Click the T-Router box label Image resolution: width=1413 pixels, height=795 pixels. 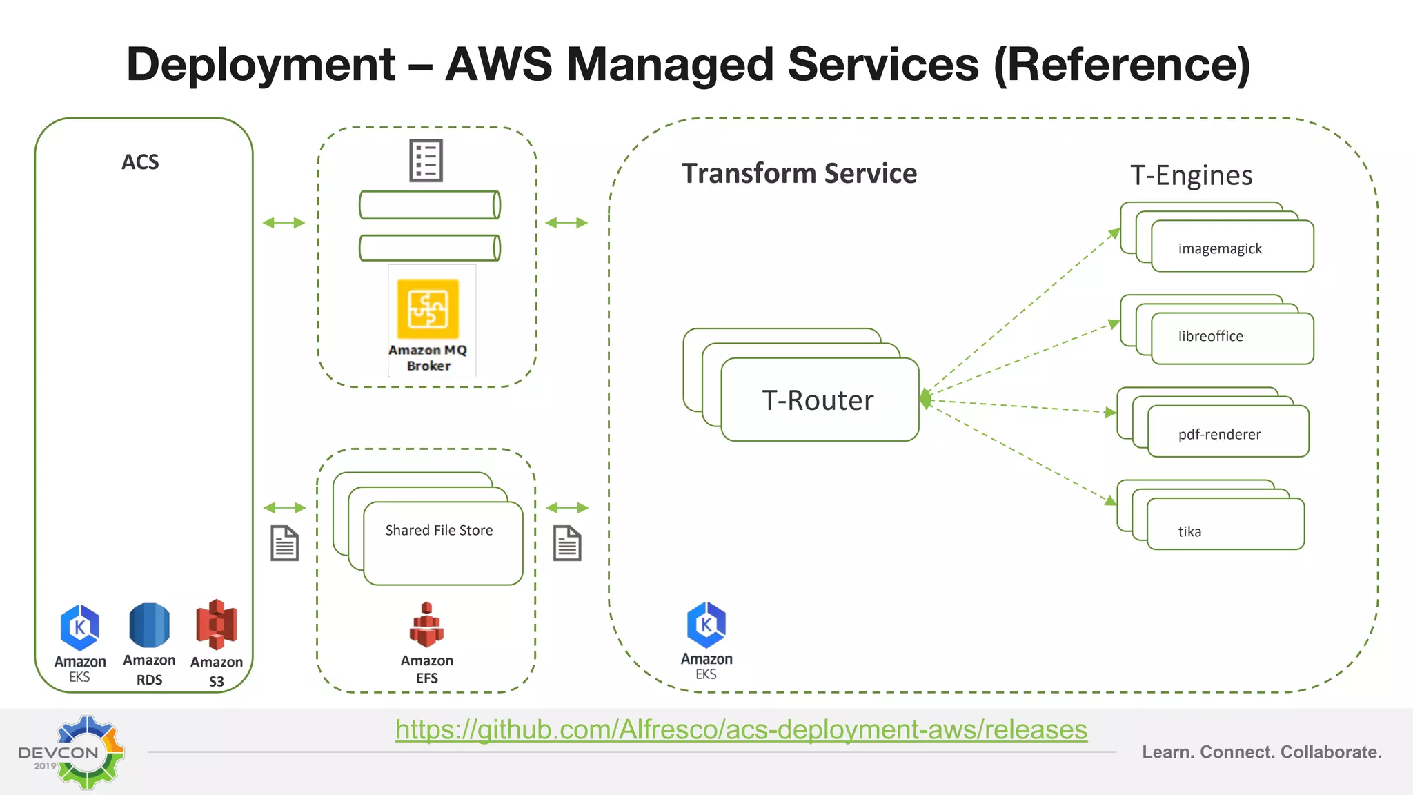pos(818,400)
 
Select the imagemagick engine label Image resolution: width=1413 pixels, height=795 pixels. pos(1220,248)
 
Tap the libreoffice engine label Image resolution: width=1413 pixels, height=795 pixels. pos(1210,336)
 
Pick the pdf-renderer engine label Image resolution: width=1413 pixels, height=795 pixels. pos(1219,434)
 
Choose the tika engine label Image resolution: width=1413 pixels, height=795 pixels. pos(1189,531)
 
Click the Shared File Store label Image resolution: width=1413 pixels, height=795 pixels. pos(439,530)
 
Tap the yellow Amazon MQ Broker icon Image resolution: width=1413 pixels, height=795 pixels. pos(428,308)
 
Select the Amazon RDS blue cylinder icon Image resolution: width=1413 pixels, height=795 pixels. pos(149,625)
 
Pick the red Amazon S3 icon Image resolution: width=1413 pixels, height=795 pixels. pos(217,625)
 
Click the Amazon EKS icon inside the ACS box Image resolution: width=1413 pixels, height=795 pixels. pos(80,627)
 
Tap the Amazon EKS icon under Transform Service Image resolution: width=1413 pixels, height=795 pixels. pos(706,625)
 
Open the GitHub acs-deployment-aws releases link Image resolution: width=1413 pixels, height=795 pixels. pos(741,729)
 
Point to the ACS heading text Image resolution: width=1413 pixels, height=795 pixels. pos(140,162)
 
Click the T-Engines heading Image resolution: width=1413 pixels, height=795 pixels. pos(1191,175)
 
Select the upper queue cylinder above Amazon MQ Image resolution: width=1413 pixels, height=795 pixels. pos(429,205)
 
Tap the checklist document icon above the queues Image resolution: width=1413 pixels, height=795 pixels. pos(426,161)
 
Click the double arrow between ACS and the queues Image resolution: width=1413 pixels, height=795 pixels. pos(284,223)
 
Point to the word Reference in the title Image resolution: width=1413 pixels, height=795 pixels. pos(1122,65)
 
